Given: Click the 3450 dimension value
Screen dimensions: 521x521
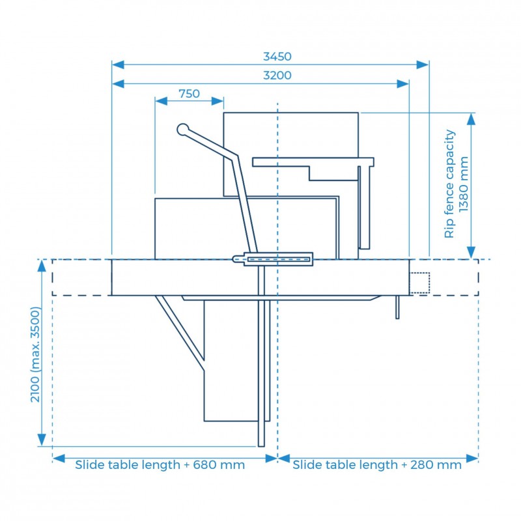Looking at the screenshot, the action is (x=277, y=57).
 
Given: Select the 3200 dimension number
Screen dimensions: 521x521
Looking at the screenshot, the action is (x=277, y=76).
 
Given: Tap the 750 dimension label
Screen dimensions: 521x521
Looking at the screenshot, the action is (x=189, y=94).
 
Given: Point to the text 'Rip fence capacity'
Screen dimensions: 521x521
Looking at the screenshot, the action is (x=449, y=184).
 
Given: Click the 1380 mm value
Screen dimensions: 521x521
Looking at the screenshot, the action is (x=464, y=184).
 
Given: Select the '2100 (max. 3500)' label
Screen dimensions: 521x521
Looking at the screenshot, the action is (x=35, y=354).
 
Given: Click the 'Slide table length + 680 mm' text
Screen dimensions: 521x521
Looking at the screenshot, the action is (x=160, y=464).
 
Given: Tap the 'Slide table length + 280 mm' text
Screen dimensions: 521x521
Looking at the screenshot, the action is (x=377, y=464).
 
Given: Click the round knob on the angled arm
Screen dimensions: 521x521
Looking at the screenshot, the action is (x=183, y=130).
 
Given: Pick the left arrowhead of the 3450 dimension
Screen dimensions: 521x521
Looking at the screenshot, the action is (x=118, y=64).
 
